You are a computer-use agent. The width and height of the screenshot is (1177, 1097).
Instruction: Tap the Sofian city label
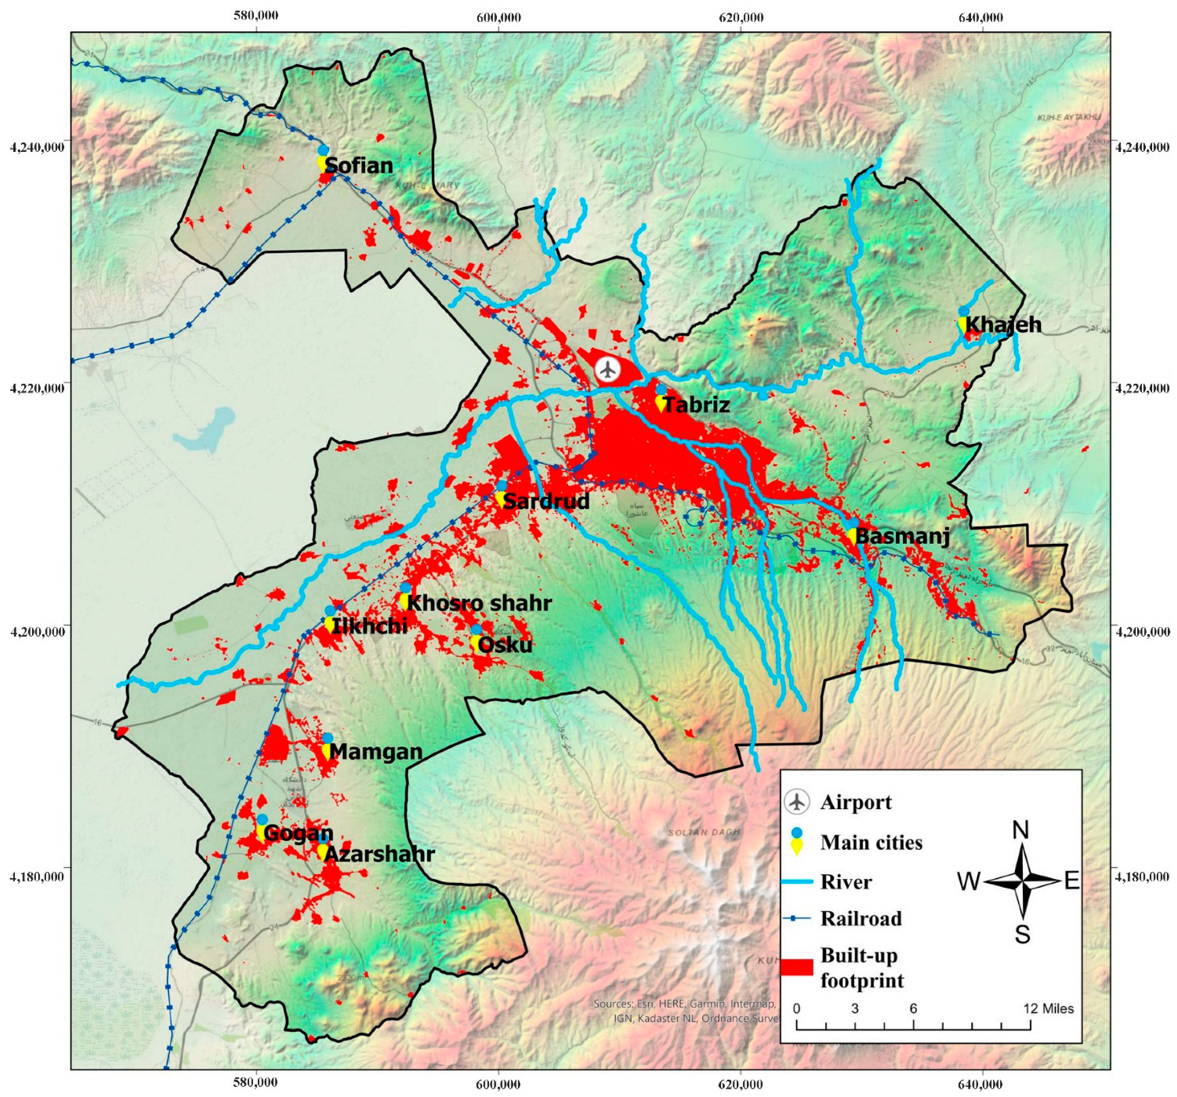(359, 166)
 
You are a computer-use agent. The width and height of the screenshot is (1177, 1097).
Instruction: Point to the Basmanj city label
(903, 537)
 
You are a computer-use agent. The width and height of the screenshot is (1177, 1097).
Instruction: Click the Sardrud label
(546, 502)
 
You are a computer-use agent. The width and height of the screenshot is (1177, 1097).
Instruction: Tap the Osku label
(504, 645)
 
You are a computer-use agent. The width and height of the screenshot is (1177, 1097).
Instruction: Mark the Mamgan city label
(376, 752)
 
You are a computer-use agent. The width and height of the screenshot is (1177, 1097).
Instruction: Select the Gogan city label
(298, 833)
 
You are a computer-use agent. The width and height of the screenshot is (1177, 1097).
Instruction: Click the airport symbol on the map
(607, 369)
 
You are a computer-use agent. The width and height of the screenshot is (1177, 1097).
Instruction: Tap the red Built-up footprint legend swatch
(796, 967)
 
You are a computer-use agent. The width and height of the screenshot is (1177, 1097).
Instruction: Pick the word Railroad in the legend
(861, 918)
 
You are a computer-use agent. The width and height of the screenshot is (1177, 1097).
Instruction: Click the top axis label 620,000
(741, 17)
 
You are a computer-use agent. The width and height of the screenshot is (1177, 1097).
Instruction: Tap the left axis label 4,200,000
(37, 631)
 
